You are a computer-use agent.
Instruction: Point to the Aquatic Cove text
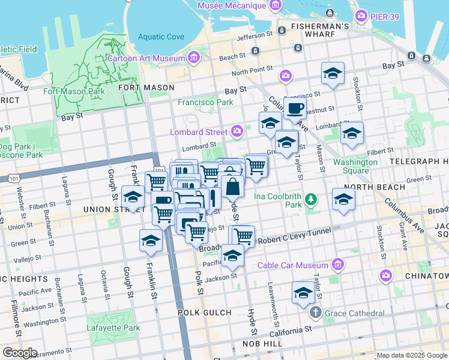coord(161,37)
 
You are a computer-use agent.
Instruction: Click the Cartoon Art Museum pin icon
coord(194,58)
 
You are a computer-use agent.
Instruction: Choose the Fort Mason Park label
coord(74,92)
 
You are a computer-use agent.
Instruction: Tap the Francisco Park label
coord(205,102)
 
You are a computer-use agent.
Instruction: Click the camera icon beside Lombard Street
coord(237,131)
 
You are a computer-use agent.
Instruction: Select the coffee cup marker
coord(294,109)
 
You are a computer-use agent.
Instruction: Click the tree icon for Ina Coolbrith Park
coord(311,199)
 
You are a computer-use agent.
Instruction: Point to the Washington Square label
coord(355,166)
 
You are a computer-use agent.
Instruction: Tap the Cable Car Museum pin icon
coord(337,265)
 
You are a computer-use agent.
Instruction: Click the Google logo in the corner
coord(20,353)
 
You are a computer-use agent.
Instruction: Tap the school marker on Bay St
coord(333,74)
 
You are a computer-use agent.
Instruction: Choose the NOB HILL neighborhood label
coord(258,343)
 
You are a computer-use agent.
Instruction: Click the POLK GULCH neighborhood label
coord(205,313)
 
